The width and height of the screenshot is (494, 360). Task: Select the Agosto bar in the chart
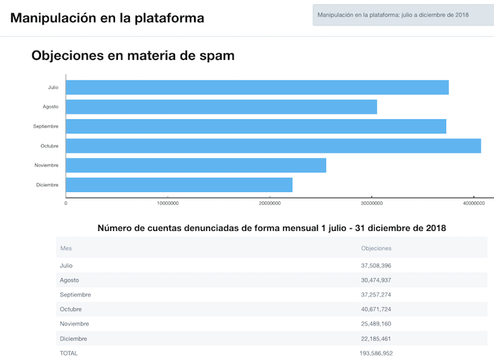tap(221, 107)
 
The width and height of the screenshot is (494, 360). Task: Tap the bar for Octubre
tap(273, 145)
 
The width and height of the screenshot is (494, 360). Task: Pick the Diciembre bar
tap(179, 185)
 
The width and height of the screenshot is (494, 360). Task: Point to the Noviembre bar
tap(195, 165)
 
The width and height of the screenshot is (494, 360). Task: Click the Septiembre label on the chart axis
tap(46, 126)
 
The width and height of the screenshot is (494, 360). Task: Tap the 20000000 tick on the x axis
tap(270, 203)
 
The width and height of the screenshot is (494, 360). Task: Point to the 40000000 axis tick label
tap(474, 203)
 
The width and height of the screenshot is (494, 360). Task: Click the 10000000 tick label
tap(167, 203)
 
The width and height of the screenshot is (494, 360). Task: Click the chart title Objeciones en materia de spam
tap(133, 55)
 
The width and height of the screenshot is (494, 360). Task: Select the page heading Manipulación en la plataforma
tap(107, 18)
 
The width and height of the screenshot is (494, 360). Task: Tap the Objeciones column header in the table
tap(376, 248)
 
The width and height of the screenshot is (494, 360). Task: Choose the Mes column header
tap(66, 248)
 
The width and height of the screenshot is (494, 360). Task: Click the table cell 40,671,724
tap(376, 309)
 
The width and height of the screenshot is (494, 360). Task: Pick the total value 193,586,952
tap(377, 353)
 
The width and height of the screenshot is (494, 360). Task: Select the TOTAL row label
tap(69, 353)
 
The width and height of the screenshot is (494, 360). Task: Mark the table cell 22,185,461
tap(376, 339)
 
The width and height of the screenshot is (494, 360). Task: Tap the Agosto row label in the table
tap(70, 280)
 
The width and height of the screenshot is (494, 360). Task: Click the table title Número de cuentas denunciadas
tap(272, 228)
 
